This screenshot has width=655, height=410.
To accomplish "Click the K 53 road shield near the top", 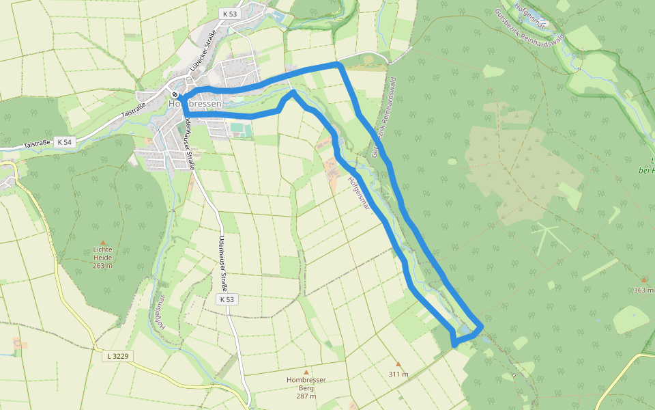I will point(229,14).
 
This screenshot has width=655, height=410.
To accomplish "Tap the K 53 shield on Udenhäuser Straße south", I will point(227,299).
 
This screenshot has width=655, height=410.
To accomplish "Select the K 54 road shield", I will point(64,142).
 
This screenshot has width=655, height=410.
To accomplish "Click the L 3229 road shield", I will point(118,356).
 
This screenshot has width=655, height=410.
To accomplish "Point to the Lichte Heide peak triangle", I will point(103,242).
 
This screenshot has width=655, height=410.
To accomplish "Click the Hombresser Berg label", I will point(306,383).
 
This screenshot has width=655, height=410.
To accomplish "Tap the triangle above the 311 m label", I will point(398,364).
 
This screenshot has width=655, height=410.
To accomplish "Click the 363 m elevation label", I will point(643,290).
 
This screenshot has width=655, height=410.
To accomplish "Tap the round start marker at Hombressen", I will point(175,94).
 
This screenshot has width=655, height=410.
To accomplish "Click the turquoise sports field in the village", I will point(237,127).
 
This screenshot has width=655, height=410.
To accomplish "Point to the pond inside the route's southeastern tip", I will point(466,330).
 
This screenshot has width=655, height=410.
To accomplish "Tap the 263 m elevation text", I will point(102,266).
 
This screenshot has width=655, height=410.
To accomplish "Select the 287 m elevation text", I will point(306,396).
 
